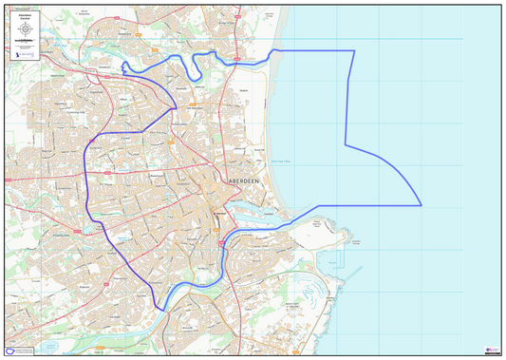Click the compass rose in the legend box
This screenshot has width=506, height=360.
click(x=25, y=29)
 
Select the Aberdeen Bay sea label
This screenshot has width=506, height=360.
click(x=284, y=162)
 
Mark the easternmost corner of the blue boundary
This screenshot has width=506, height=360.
click(x=421, y=204)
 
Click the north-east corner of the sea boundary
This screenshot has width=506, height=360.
click(x=354, y=51)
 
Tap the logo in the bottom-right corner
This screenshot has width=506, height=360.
click(x=491, y=351)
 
